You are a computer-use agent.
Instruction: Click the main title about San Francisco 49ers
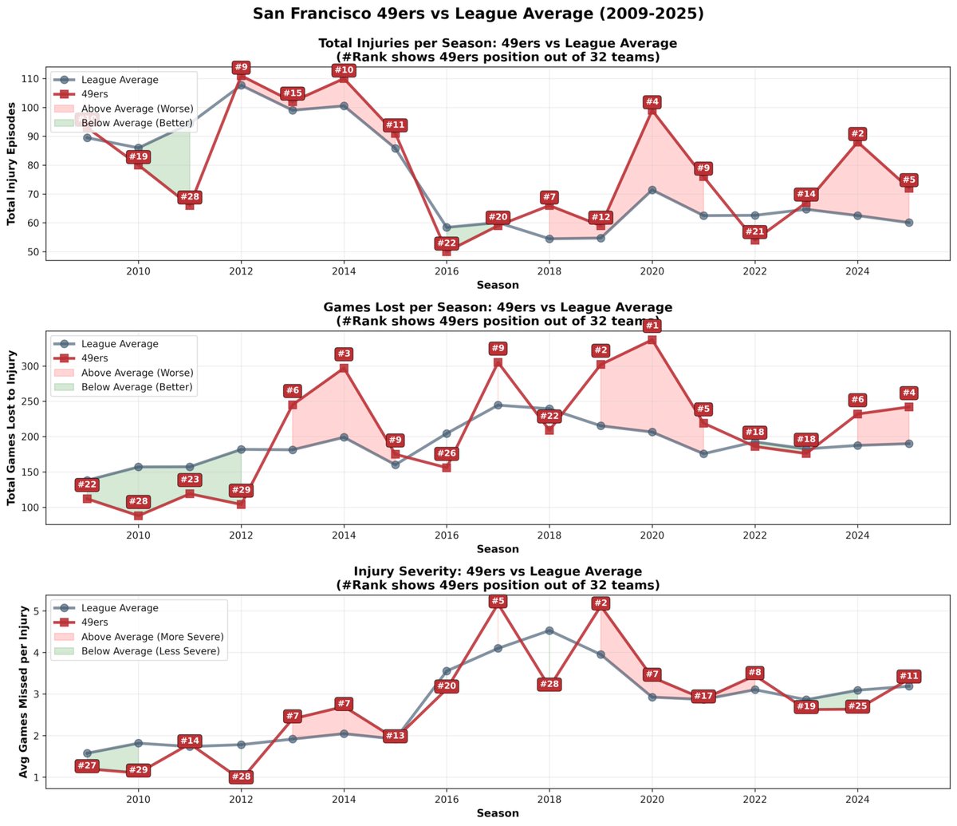[x=478, y=14]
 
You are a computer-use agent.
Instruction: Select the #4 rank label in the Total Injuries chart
[x=652, y=102]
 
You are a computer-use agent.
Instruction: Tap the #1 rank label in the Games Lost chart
[x=652, y=325]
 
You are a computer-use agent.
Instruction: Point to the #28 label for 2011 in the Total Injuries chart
[x=190, y=197]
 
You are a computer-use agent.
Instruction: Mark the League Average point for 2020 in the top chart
[x=652, y=190]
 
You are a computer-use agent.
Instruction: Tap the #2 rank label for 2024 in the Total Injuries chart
[x=858, y=134]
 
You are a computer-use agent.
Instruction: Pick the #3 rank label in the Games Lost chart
[x=344, y=354]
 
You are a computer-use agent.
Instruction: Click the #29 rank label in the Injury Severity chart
[x=139, y=770]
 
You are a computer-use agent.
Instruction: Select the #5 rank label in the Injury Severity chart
[x=498, y=601]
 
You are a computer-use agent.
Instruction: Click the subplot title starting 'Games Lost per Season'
[x=498, y=307]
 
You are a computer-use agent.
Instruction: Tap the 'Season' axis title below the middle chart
[x=498, y=549]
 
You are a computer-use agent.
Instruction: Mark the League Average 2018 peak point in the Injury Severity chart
[x=549, y=630]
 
